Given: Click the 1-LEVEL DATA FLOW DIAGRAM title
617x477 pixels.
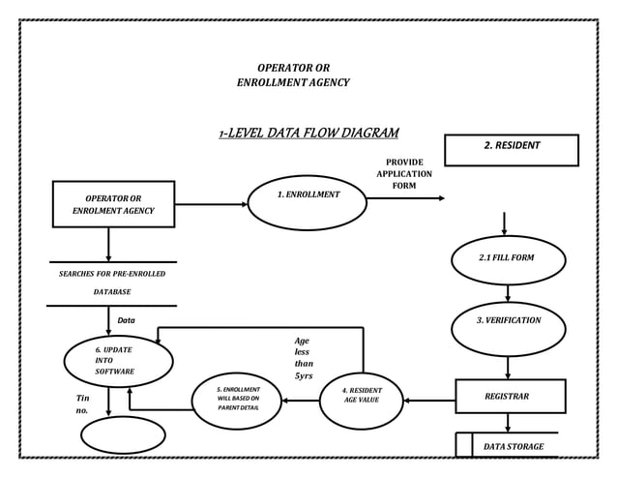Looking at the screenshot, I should [308, 133].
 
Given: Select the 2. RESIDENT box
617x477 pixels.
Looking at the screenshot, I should [511, 150].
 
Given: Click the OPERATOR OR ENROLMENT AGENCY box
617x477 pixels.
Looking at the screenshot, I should [114, 204].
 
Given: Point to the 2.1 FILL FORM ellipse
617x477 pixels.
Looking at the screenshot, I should [507, 259].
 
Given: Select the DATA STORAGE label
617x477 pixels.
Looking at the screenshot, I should [513, 447].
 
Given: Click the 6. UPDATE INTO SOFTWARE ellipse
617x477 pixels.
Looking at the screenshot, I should [118, 361].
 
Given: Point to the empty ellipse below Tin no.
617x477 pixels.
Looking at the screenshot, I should [123, 434].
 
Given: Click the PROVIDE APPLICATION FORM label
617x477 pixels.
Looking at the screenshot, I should [404, 174].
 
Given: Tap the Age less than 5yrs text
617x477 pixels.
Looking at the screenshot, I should [304, 358].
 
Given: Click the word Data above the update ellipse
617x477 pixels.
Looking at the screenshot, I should [126, 320].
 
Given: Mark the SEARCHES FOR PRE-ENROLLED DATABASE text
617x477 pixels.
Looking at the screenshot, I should [112, 283].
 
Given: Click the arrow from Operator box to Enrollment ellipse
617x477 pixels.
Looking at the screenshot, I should [211, 204].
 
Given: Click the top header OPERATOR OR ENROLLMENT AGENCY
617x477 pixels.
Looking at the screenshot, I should [293, 75].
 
